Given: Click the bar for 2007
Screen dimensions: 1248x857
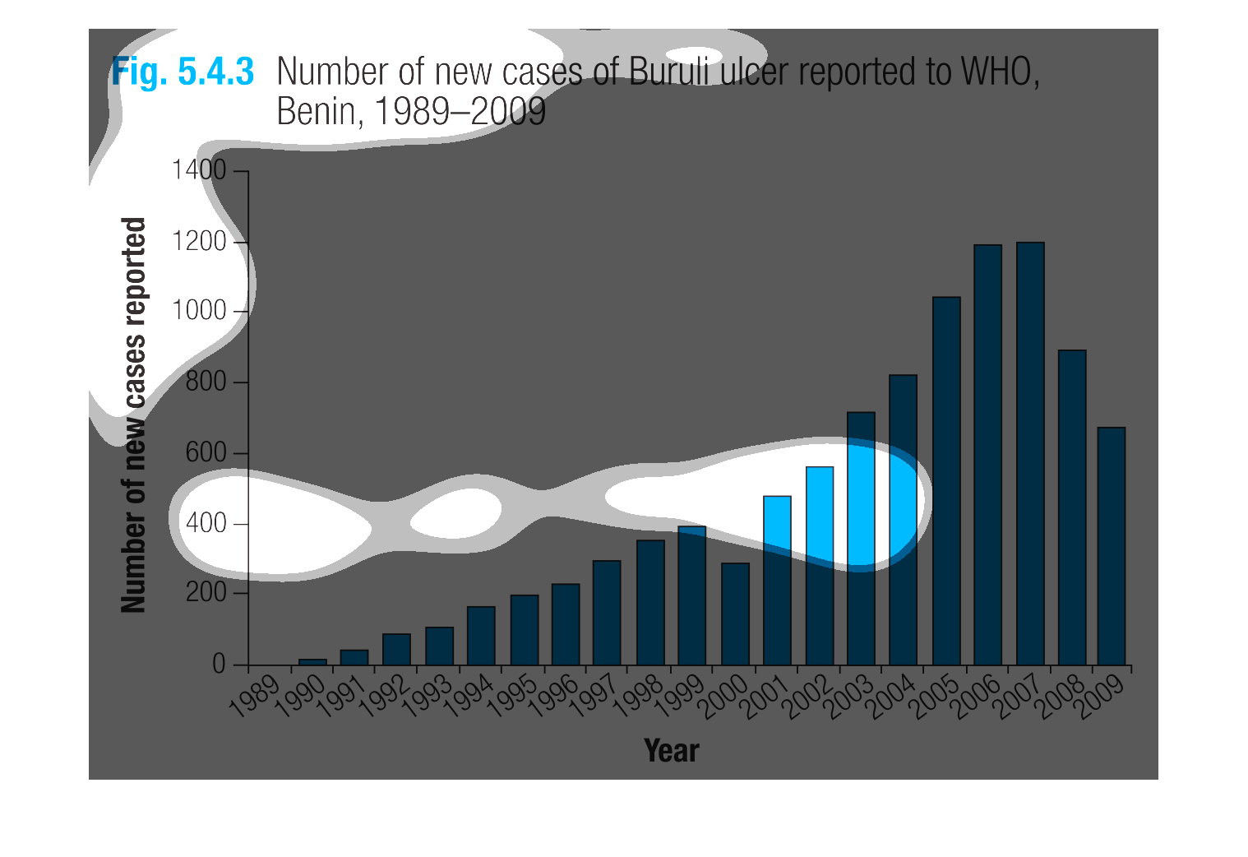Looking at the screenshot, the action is [x=1030, y=453].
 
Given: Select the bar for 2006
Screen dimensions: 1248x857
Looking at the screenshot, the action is [x=988, y=455].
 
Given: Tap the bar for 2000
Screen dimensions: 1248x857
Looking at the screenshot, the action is [x=736, y=614].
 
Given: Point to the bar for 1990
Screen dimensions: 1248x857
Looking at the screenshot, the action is [x=312, y=662].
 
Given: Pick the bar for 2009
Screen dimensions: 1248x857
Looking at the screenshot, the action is [x=1112, y=546].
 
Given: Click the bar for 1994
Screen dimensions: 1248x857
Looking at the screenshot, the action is [x=482, y=636].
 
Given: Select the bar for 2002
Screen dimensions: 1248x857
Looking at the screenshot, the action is [x=820, y=566].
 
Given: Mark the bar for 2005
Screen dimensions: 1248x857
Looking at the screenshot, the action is [x=946, y=481].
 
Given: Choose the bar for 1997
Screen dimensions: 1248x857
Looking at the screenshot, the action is [x=607, y=613].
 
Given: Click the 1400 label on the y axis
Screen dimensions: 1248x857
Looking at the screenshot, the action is [x=199, y=169].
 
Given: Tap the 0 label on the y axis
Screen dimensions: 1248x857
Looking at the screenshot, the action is [x=219, y=664].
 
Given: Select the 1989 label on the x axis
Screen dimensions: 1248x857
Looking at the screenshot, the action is [x=255, y=696].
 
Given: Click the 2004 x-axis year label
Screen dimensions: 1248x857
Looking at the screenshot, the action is [x=891, y=697].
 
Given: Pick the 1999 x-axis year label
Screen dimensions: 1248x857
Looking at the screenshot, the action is [x=680, y=697].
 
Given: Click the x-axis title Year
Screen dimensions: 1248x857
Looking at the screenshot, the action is [x=672, y=750].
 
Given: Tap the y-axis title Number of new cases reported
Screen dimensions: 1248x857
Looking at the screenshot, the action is [x=134, y=415].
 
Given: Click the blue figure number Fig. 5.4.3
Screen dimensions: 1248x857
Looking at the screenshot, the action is [x=183, y=72].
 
